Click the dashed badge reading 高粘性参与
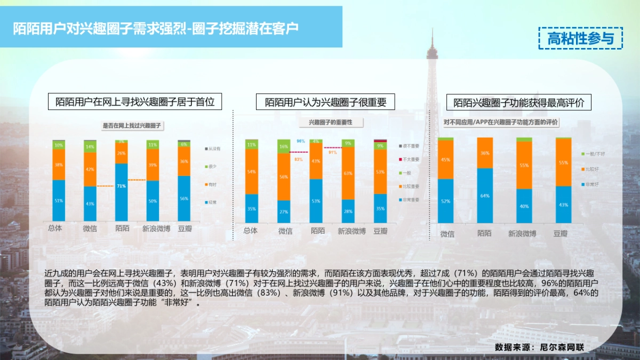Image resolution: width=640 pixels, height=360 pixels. click(x=580, y=38)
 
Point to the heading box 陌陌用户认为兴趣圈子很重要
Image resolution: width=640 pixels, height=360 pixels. click(x=325, y=102)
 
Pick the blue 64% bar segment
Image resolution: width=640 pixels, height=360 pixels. click(x=485, y=195)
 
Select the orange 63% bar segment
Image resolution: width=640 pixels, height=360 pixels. click(x=348, y=173)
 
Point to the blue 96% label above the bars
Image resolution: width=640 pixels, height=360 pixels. click(x=301, y=141)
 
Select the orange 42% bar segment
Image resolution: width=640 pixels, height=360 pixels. click(x=90, y=169)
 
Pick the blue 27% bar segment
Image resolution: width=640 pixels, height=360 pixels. click(x=284, y=212)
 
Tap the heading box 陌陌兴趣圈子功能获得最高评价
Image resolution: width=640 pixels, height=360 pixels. click(x=519, y=102)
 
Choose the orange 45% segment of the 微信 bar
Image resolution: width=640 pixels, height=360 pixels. click(x=445, y=159)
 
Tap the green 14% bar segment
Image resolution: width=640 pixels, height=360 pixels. click(x=90, y=147)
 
